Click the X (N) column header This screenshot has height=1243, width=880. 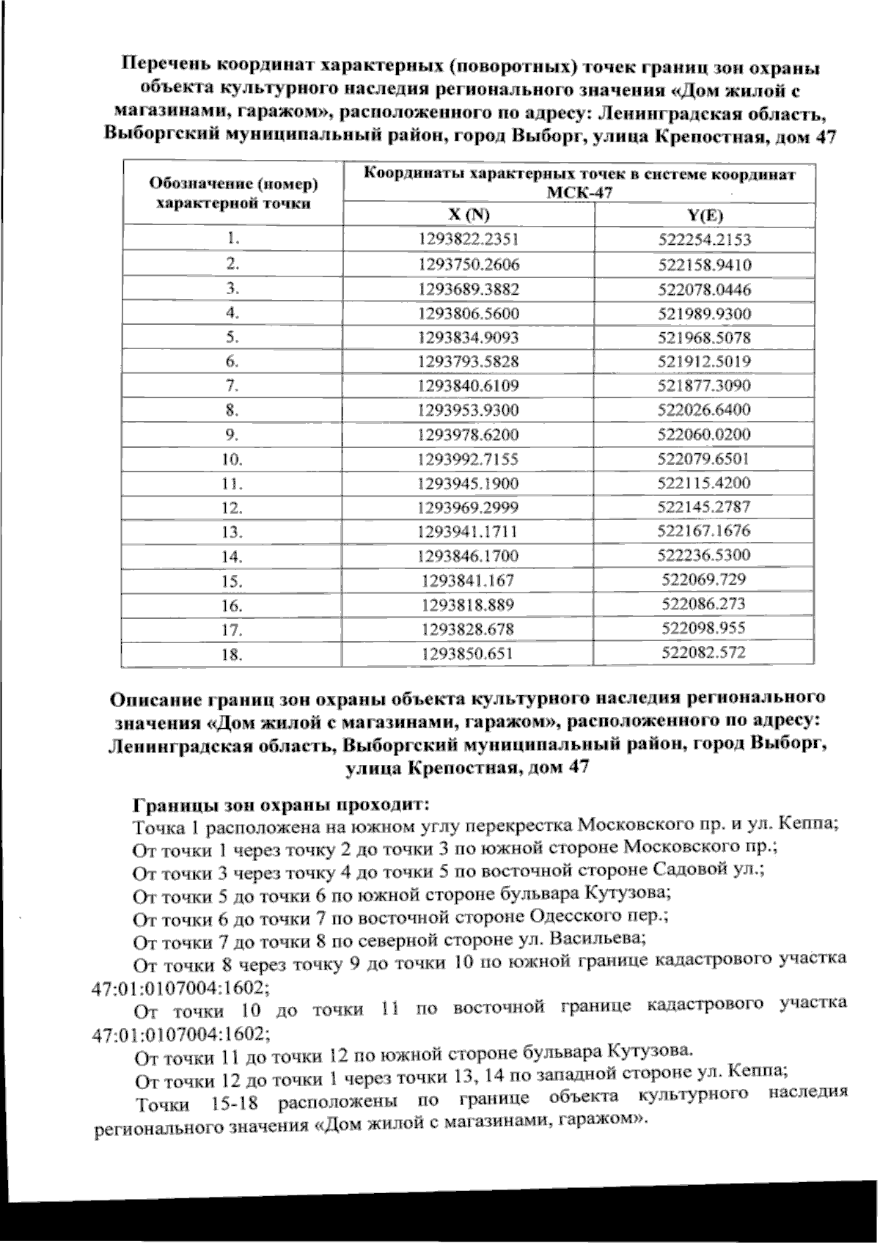point(469,215)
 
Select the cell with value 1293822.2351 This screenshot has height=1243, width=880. point(469,239)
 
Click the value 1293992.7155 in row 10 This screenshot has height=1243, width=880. point(469,459)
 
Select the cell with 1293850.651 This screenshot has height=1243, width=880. point(468,654)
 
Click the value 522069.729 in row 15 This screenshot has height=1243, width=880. point(703,579)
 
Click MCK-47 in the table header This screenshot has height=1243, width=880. point(579,194)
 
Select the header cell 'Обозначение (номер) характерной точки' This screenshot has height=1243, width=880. point(232,194)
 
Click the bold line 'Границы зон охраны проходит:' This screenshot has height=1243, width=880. point(279,804)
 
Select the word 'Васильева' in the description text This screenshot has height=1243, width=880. point(597,939)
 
